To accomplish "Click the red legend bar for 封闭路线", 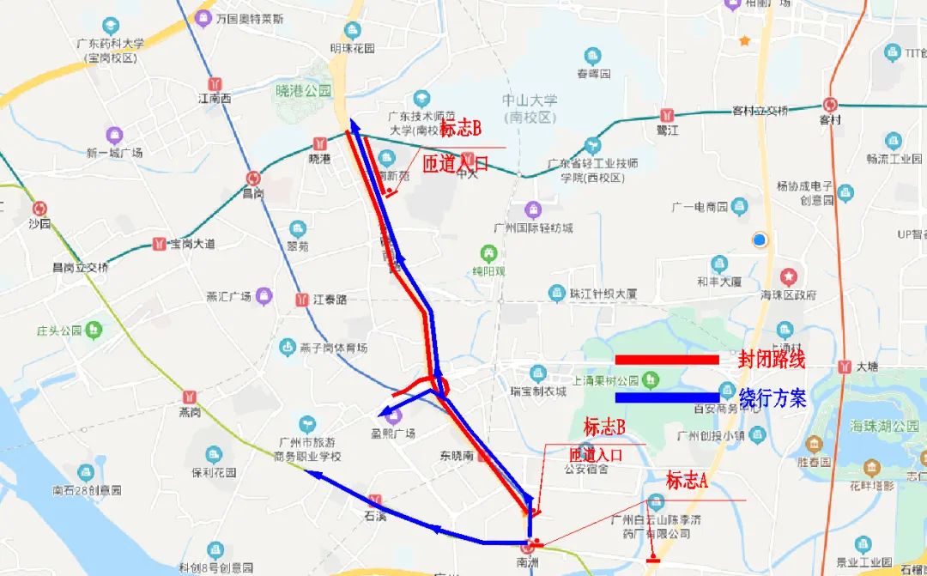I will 667,360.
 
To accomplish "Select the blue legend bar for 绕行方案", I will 667,397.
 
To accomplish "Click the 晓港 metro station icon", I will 320,143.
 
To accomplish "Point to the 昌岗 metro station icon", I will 253,178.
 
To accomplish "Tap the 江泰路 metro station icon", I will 302,300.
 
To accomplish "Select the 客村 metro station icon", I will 830,105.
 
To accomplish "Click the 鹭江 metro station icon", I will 667,115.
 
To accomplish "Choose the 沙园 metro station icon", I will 39,208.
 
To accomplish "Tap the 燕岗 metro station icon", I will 189,397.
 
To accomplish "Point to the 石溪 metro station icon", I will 375,500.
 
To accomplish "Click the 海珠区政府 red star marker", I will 789,277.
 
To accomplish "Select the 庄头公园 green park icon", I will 93,329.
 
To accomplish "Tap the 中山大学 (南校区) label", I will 530,109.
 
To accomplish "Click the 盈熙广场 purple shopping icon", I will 394,416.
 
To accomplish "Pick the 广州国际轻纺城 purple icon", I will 533,209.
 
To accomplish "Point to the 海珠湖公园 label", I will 884,427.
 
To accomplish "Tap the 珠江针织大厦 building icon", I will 558,294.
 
